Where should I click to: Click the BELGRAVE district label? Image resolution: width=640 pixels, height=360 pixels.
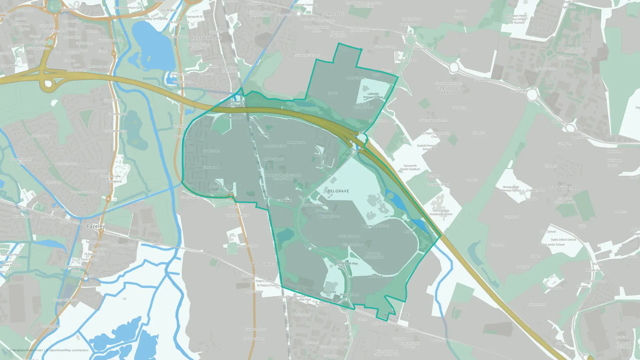[x=338, y=191]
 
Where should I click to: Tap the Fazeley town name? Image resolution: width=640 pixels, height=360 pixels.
[x=96, y=226]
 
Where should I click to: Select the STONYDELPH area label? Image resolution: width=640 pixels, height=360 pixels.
[x=564, y=188]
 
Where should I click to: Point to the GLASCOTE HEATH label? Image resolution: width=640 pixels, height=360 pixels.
[x=447, y=90]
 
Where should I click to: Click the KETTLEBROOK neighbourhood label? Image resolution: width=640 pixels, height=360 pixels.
[x=206, y=38]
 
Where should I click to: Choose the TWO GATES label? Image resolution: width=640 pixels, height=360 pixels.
[x=263, y=264]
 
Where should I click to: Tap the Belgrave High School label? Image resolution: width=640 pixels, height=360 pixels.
[x=375, y=226]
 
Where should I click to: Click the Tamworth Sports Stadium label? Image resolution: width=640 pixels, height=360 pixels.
[x=410, y=167]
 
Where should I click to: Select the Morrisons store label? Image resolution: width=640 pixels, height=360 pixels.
[x=330, y=292]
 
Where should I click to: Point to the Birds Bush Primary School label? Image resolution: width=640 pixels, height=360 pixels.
[x=373, y=255]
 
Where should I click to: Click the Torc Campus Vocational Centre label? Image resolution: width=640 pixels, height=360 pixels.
[x=441, y=212]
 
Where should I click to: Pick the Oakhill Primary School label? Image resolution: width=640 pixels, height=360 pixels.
[x=427, y=147]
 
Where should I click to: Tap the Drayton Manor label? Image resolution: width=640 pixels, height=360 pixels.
[x=51, y=326]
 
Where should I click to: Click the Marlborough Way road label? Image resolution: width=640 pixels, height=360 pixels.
[x=346, y=263]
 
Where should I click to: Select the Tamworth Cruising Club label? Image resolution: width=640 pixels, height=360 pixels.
[x=236, y=103]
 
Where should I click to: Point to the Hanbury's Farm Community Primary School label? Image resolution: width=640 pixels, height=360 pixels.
[x=283, y=177]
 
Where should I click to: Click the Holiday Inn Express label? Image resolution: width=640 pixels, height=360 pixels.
[x=155, y=19]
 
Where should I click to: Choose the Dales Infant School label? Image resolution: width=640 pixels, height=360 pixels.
[x=563, y=239]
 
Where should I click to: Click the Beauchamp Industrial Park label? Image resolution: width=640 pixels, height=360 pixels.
[x=301, y=298]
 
